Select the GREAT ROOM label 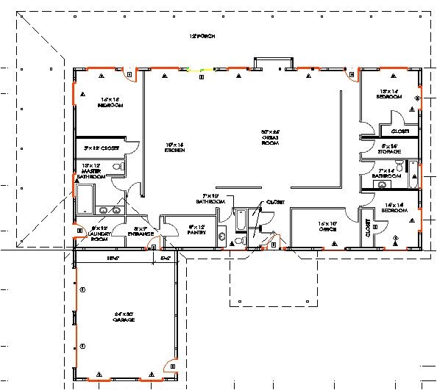point(271,137)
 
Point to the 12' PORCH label point(202,36)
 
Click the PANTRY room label point(196,230)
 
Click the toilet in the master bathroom point(117,168)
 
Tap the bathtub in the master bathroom point(85,199)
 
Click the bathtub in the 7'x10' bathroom point(241,220)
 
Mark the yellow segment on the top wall point(200,70)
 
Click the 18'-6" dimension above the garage point(112,258)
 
